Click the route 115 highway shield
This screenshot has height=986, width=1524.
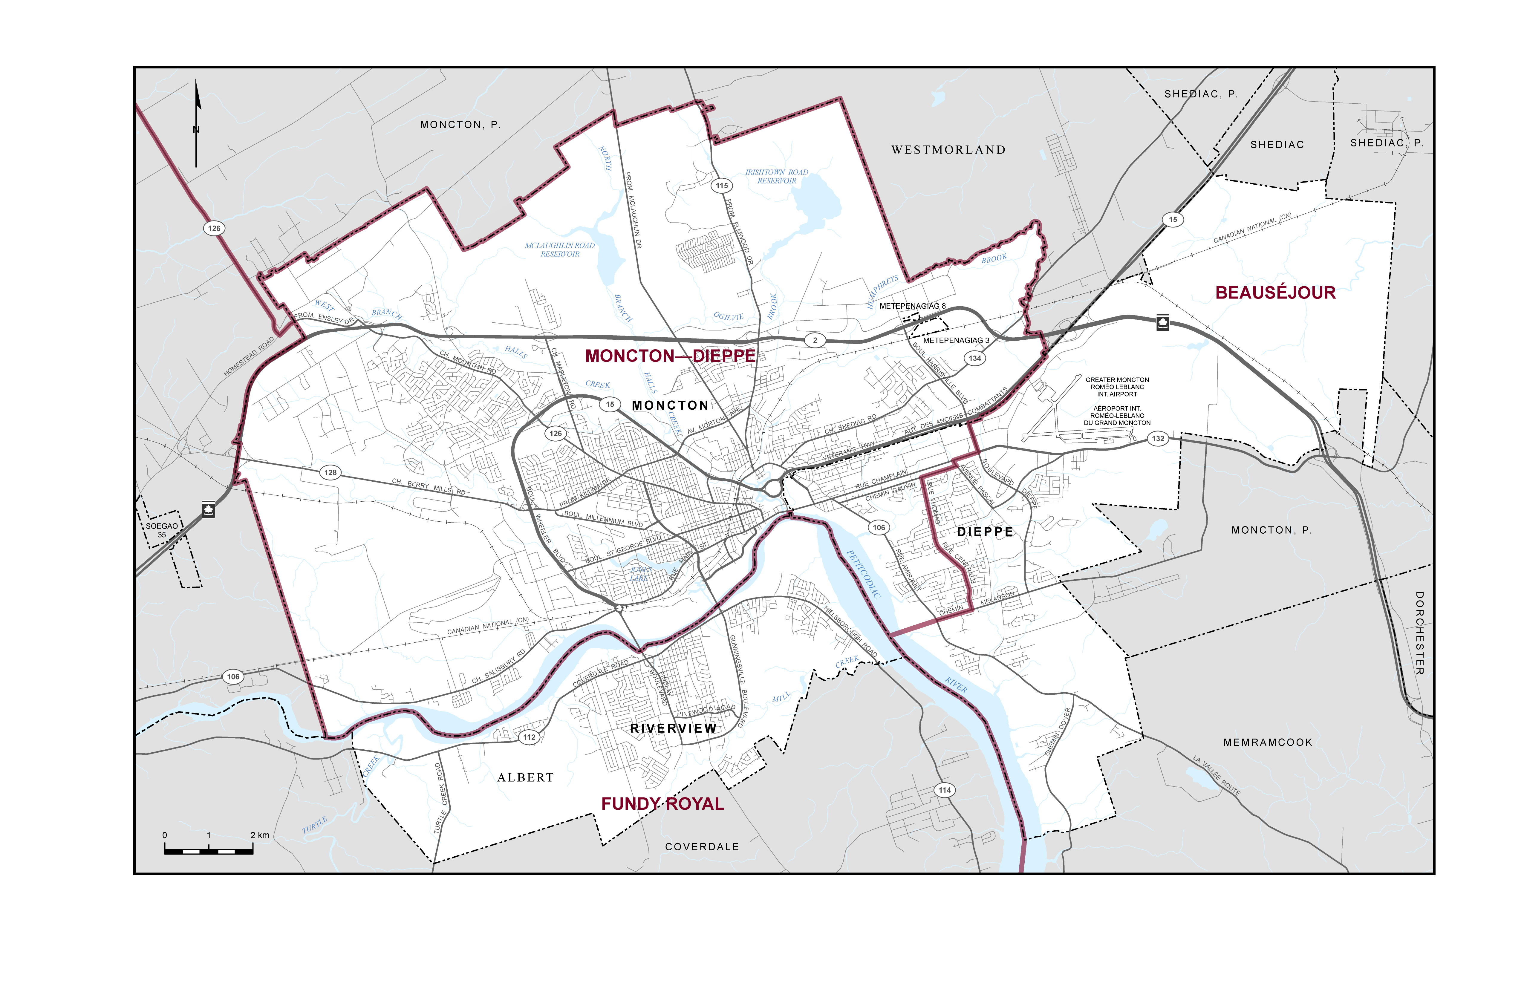[x=722, y=186]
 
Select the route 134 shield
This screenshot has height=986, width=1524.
[x=974, y=359]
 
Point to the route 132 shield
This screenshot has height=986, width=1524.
[x=1158, y=439]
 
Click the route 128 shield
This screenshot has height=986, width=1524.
[x=330, y=472]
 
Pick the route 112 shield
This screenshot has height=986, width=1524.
[x=529, y=737]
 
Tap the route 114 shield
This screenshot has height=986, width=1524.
[x=945, y=790]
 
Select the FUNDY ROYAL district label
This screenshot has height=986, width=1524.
[x=663, y=804]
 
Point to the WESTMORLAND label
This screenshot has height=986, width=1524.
[x=948, y=150]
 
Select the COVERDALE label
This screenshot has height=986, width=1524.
[x=702, y=846]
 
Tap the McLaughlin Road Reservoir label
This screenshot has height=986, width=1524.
[x=560, y=250]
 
